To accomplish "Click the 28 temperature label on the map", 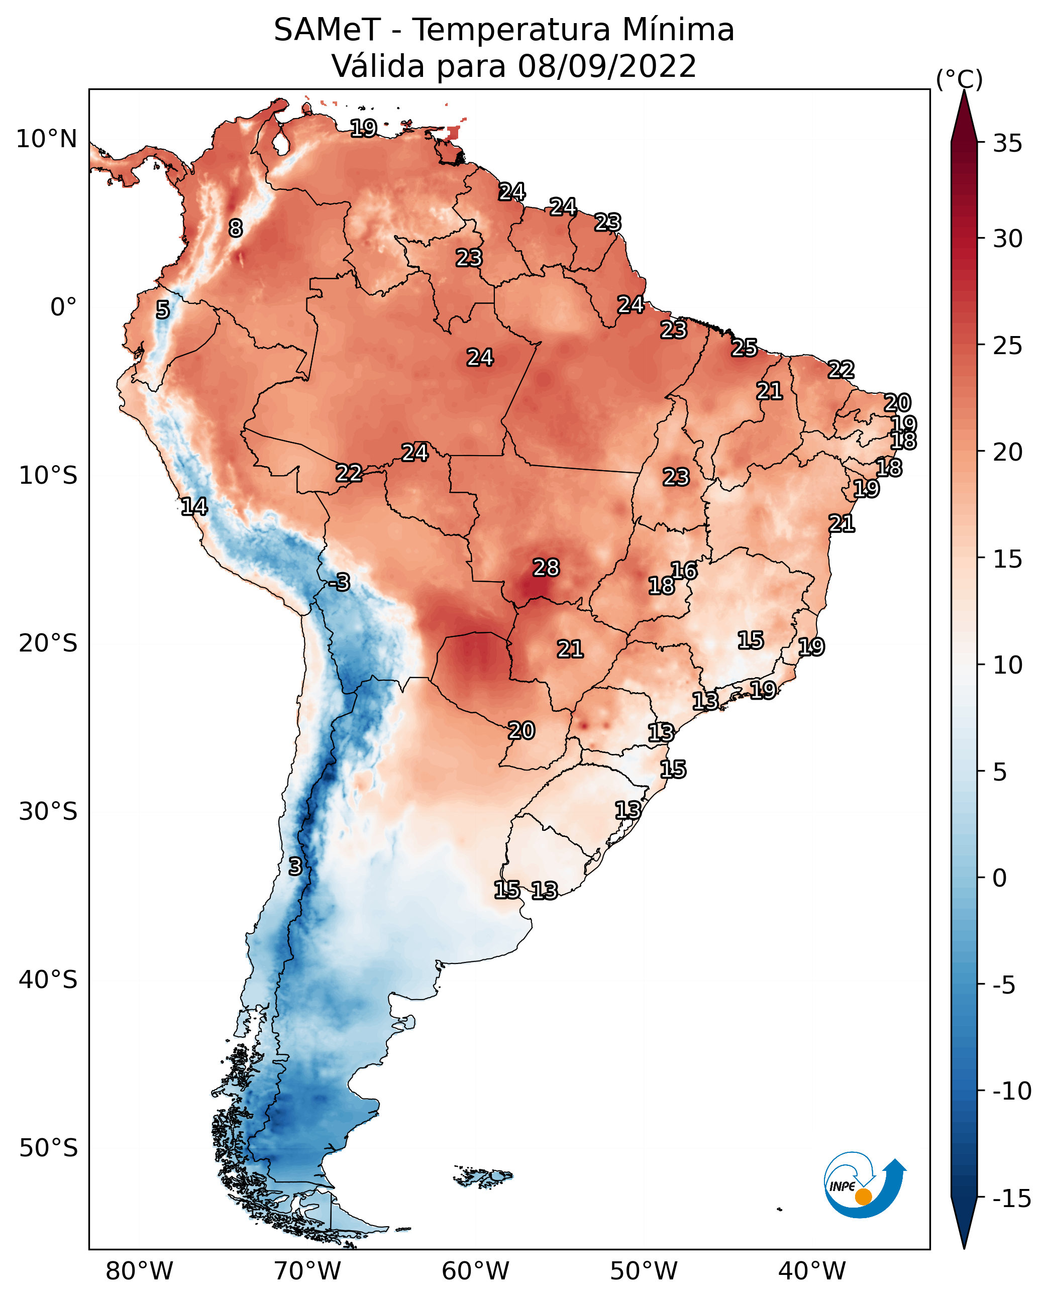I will click(x=546, y=568).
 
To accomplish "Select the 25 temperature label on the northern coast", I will click(x=745, y=348).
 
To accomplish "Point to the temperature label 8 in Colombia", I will click(x=236, y=228).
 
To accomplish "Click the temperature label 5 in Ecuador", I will click(x=162, y=309).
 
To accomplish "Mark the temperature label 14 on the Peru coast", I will click(x=194, y=506).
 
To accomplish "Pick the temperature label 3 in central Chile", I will click(x=294, y=866).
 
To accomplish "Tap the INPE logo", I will click(x=864, y=1185).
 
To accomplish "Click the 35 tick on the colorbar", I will click(x=1007, y=144).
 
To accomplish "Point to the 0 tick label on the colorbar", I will click(x=1000, y=878).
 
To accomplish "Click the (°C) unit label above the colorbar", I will click(x=959, y=79).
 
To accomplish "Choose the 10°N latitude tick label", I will click(x=47, y=140).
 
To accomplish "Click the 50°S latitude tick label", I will click(x=48, y=1148).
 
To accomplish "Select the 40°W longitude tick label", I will click(x=812, y=1271).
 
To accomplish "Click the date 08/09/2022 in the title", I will click(x=607, y=66).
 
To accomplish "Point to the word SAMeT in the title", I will click(x=327, y=30).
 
